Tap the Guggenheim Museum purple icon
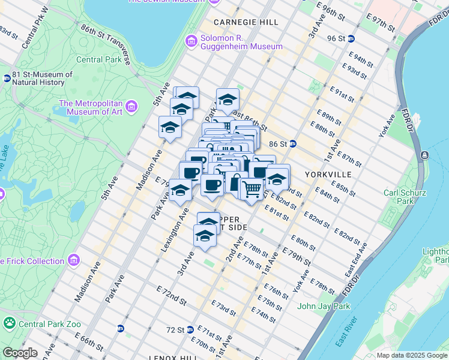191,41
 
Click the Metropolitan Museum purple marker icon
132,107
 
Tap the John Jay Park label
324,307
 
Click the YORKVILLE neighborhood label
328,175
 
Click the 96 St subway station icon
351,38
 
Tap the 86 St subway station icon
293,144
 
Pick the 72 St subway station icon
190,329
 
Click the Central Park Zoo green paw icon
9,324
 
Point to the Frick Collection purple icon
74,260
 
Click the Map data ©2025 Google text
412,355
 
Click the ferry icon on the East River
425,155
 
